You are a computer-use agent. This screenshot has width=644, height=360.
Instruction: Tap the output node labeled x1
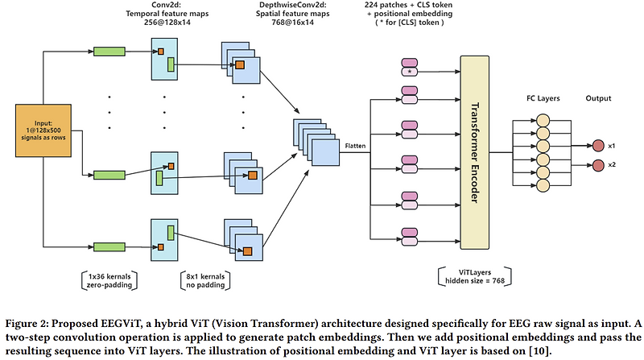point(597,146)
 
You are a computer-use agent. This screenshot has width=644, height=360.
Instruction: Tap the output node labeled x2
point(597,165)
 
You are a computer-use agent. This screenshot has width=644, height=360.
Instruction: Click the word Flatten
point(355,145)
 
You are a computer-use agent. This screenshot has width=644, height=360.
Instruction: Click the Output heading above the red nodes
point(598,99)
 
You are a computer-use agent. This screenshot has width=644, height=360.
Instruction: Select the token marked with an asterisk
point(409,72)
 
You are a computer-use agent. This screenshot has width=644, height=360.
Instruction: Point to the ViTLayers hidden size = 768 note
point(472,276)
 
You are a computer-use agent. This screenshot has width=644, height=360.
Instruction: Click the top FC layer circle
point(543,120)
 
